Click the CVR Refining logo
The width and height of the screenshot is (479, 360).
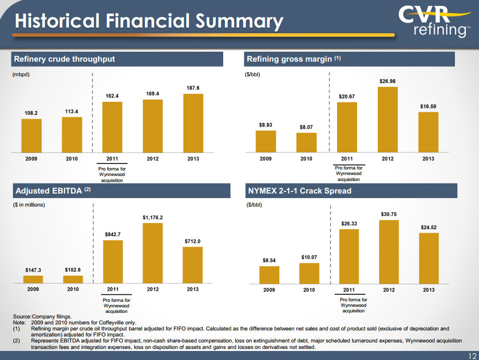(434, 21)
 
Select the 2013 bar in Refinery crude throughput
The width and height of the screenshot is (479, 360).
(193, 122)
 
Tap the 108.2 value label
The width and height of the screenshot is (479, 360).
(31, 114)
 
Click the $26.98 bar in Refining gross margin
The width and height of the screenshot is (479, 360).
(387, 119)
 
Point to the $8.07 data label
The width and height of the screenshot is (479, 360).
(306, 127)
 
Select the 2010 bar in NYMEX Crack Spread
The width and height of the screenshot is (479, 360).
(309, 273)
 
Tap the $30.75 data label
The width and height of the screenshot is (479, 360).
(388, 214)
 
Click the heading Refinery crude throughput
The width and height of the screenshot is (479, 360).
(64, 59)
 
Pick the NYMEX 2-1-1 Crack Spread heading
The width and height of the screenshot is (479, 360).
(299, 191)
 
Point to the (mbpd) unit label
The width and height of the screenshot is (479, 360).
(21, 75)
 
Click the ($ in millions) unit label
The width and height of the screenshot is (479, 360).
(29, 205)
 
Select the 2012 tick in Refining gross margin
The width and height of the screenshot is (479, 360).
(387, 158)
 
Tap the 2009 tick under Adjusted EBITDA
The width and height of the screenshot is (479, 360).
(33, 289)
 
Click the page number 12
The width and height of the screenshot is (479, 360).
(471, 355)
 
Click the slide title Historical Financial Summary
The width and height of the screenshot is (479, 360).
(148, 21)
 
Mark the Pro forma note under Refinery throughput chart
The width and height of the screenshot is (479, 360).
(112, 174)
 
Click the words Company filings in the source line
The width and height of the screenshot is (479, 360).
(51, 317)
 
